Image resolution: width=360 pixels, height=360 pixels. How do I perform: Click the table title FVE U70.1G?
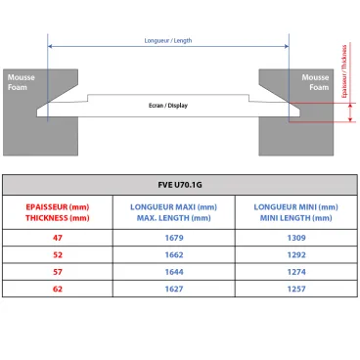point(179,184)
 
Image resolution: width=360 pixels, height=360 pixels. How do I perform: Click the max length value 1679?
point(172,237)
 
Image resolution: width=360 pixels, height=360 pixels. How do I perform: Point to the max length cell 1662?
point(172,254)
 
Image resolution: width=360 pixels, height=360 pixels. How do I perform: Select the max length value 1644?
point(172,272)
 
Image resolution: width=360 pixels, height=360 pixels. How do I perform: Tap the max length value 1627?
point(172,290)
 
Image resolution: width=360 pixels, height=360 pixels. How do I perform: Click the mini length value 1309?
point(295,237)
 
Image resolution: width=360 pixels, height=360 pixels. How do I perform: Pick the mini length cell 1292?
point(295,254)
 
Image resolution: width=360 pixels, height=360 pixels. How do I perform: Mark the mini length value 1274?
point(295,272)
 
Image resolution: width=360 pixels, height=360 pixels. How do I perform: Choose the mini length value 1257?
point(295,290)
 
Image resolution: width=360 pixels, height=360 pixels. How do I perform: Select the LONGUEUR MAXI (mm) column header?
point(172,212)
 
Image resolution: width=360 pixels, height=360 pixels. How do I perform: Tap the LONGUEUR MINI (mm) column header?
point(295,212)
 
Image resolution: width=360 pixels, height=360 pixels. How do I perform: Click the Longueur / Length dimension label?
point(166,40)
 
